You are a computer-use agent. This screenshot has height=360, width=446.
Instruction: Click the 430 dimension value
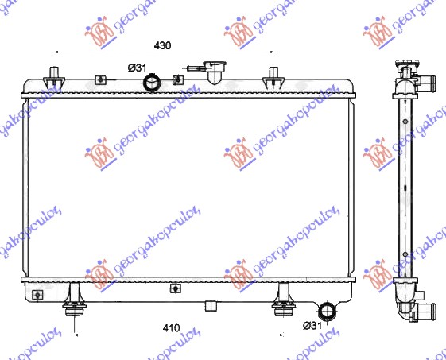(x=162, y=45)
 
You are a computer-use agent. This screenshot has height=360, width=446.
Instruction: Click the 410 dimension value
(x=171, y=328)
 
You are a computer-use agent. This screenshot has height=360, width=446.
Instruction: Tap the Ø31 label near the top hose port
(x=137, y=68)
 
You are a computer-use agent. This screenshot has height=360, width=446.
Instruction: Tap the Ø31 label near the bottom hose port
(x=312, y=326)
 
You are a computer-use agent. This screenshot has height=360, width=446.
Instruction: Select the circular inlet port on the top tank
(x=152, y=83)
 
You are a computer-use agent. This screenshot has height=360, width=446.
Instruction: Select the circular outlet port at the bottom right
(x=327, y=311)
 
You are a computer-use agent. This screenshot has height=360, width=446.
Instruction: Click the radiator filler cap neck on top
(x=214, y=72)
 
